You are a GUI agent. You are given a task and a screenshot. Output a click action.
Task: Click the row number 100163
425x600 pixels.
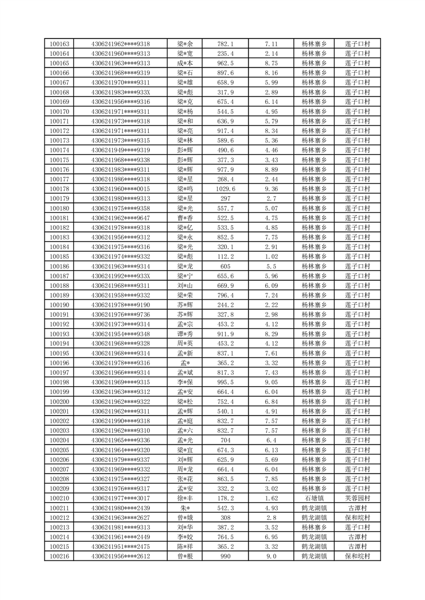[x=59, y=44]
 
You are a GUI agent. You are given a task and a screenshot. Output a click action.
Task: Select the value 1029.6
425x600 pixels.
[x=225, y=189]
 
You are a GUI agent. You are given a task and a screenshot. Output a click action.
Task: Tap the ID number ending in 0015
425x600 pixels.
[x=120, y=189]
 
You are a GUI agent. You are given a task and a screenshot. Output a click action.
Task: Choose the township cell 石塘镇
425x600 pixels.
[x=314, y=498]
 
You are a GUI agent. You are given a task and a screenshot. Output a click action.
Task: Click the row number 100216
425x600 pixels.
[x=59, y=556]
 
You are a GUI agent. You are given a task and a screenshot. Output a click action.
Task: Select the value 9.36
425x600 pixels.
[x=271, y=189]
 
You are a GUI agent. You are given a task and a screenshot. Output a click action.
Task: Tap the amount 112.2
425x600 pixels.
[x=225, y=256]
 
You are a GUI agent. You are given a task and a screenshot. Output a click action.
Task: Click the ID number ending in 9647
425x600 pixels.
[x=120, y=218]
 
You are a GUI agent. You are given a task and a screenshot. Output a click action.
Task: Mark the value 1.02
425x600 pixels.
[x=271, y=256]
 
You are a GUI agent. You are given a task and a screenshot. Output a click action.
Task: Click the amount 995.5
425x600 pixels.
[x=225, y=382]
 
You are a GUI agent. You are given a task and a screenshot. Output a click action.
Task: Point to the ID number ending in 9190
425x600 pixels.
[x=120, y=305]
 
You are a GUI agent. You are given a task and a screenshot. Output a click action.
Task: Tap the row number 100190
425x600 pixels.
[x=59, y=305]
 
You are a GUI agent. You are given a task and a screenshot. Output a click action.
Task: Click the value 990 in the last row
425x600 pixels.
[x=225, y=556]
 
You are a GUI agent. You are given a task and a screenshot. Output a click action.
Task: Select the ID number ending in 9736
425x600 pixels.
[x=120, y=314]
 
